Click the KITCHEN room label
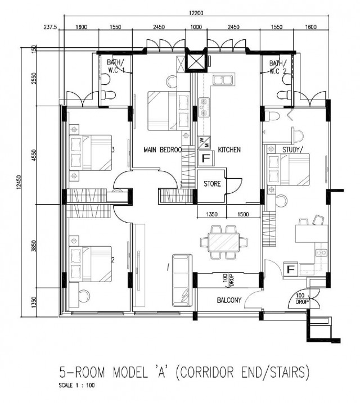click(x=229, y=150)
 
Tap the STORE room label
click(x=212, y=183)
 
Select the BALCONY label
click(x=229, y=300)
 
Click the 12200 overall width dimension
click(x=196, y=13)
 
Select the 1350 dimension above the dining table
click(x=211, y=215)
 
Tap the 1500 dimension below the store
click(x=243, y=215)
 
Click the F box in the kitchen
click(x=205, y=159)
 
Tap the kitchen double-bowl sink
click(x=223, y=80)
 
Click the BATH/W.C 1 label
click(x=115, y=66)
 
